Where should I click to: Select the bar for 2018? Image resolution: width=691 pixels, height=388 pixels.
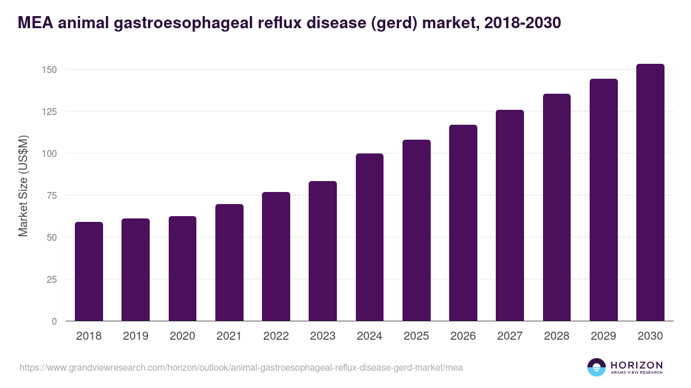(89, 271)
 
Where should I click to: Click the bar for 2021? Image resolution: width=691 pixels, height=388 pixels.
(229, 263)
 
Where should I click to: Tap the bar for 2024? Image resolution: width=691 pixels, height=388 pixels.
(370, 237)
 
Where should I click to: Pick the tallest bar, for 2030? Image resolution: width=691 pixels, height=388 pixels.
(650, 193)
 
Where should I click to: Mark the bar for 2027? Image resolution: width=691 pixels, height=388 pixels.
(510, 216)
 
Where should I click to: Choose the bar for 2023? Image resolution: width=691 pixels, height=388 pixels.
(322, 251)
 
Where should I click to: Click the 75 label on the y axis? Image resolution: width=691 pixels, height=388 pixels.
(52, 195)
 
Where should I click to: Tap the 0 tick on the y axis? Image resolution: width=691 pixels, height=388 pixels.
(54, 321)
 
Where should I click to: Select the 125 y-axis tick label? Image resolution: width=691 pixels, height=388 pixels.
(50, 112)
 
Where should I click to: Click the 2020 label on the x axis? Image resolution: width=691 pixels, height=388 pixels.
(182, 336)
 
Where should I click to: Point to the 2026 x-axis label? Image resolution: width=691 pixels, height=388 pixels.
(463, 336)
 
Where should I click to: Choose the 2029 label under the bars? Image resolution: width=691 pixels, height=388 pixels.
(603, 336)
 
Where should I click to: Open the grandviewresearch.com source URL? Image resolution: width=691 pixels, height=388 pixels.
(241, 367)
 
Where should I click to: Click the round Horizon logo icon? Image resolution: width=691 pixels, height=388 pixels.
(597, 367)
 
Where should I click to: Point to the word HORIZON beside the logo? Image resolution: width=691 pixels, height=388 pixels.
(636, 364)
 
